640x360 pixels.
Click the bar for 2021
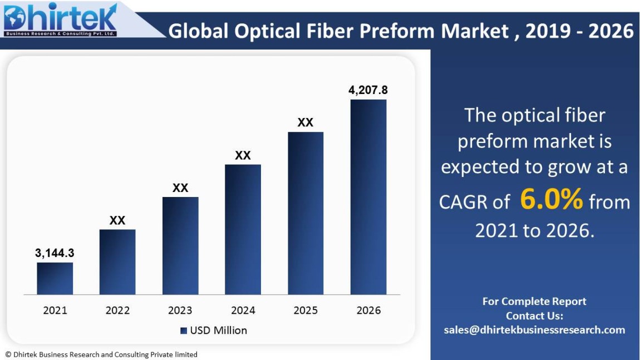[55, 278]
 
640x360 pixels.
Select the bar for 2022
[117, 262]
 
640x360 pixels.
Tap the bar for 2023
[180, 245]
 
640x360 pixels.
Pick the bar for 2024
[243, 229]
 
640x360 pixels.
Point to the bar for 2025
[306, 213]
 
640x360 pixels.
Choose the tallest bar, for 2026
[368, 197]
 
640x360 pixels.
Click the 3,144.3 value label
[55, 253]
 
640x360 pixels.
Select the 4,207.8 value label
[368, 90]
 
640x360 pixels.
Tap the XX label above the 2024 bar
[243, 155]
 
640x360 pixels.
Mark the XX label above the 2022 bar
[117, 220]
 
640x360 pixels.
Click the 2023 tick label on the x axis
[180, 310]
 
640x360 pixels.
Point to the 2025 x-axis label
[306, 310]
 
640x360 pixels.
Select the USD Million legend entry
[214, 331]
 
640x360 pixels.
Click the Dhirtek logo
[61, 21]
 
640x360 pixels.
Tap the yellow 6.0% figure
[551, 199]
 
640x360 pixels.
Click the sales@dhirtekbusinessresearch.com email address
[534, 330]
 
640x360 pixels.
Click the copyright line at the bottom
[101, 354]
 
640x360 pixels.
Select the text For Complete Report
[534, 302]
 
